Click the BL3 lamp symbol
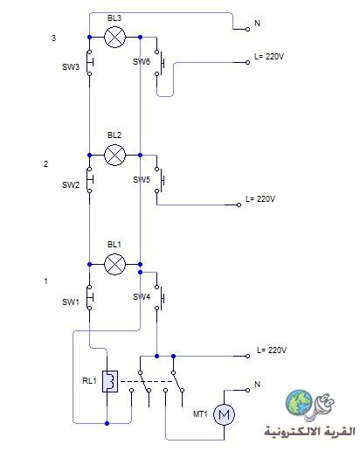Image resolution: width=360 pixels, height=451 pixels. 114,37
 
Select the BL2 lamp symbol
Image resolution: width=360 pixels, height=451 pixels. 114,155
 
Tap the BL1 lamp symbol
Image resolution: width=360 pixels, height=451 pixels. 114,264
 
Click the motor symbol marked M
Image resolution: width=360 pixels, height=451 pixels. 224,414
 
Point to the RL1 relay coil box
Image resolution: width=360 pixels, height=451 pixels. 110,381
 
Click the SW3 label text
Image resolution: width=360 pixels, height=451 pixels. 71,67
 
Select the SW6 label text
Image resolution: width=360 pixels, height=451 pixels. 142,62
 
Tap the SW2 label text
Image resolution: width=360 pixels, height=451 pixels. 71,185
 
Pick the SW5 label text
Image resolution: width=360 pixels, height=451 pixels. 142,180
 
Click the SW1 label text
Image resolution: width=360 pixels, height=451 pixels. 71,302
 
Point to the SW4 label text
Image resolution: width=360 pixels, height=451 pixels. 142,297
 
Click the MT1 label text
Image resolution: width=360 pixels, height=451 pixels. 200,413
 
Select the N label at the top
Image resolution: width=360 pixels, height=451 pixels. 257,23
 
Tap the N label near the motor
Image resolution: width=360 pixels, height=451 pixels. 257,385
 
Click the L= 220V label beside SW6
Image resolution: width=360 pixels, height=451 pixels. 269,56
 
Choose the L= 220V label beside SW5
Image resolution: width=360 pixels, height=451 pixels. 260,199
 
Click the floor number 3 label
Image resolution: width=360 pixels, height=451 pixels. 53,38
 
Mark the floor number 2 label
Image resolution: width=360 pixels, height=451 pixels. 46,164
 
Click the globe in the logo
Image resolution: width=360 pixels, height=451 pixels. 299,402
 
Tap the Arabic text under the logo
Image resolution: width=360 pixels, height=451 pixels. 309,431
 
